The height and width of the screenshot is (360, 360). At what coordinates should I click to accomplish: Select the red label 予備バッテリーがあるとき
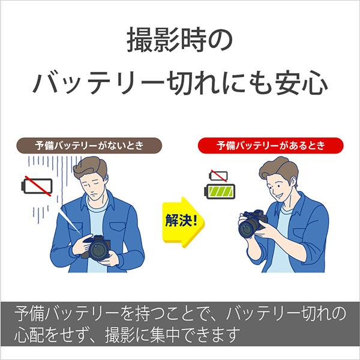[269, 146]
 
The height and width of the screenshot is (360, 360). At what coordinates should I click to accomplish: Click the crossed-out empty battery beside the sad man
[36, 184]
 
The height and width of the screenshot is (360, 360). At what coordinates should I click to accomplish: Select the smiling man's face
[281, 186]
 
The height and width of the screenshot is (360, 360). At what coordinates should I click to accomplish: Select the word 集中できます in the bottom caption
[193, 333]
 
